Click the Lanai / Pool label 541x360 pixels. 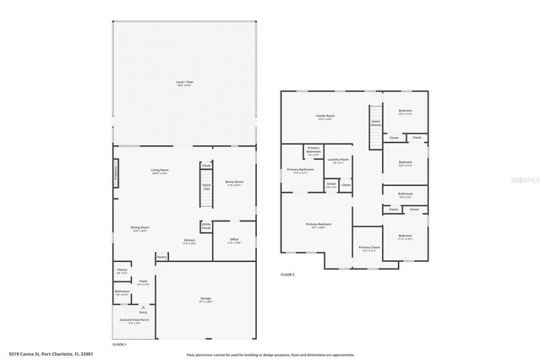[x=183, y=83]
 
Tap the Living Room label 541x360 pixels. [x=156, y=171]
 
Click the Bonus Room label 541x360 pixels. [x=234, y=183]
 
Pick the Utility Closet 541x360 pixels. [x=205, y=226]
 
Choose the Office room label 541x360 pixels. [x=234, y=241]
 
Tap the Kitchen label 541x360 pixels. [x=190, y=241]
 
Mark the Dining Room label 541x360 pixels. [x=139, y=228]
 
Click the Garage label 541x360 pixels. [x=205, y=301]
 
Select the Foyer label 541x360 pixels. [x=144, y=282]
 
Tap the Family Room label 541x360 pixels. [x=325, y=117]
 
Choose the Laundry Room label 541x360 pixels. [x=339, y=161]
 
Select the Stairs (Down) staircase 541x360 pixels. [x=375, y=118]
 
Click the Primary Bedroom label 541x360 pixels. [x=319, y=225]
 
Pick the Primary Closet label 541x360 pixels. [x=369, y=248]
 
